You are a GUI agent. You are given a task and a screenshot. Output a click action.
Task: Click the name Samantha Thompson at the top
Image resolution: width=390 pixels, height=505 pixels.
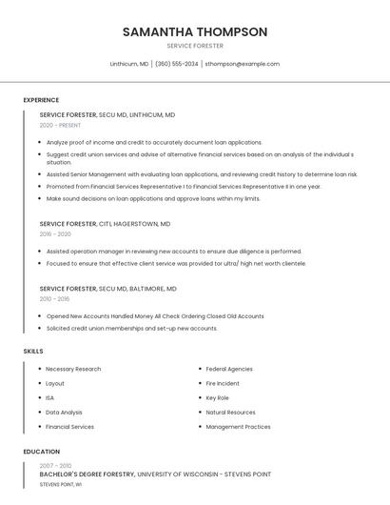[x=195, y=31]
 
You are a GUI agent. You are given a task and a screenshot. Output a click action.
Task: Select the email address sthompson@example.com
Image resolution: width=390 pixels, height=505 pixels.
[x=243, y=64]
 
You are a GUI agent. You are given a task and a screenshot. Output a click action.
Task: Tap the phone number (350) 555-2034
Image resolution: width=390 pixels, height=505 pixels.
[x=176, y=64]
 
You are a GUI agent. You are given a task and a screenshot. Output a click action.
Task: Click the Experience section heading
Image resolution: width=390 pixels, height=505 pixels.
[x=41, y=100]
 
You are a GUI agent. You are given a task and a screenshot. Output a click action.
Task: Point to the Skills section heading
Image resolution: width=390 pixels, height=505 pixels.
[x=33, y=352]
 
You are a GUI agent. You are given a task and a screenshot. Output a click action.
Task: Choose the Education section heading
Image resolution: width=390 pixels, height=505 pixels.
[x=42, y=452]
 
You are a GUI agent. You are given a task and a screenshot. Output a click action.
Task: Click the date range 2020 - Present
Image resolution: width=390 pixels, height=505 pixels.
[x=60, y=125]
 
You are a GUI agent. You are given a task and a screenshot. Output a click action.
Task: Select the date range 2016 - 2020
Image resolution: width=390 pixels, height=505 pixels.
[x=55, y=233]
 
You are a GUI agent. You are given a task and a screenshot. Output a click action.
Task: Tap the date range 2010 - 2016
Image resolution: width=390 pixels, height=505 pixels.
[x=54, y=298]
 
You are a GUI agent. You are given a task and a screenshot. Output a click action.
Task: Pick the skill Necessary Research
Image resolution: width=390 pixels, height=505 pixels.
[x=73, y=369]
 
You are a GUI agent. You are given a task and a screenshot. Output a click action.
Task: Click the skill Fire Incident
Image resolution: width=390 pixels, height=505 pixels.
[x=223, y=383]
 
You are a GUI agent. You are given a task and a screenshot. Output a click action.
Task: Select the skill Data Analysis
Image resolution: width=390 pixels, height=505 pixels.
[x=64, y=413]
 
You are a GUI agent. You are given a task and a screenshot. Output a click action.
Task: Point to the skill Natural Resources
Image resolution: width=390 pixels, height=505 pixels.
[x=230, y=413]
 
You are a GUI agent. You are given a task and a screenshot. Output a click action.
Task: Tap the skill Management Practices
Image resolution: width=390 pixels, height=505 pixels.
[x=238, y=427]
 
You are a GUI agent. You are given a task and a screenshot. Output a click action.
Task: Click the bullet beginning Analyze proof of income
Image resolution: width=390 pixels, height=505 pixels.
[x=154, y=142]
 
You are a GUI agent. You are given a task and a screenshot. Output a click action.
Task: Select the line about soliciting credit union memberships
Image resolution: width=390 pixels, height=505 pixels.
[x=131, y=329]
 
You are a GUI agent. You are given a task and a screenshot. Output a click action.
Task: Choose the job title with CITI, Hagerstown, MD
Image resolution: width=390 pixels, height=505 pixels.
[x=105, y=223]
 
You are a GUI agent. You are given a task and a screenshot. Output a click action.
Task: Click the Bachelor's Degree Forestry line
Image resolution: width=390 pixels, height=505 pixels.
[x=155, y=474]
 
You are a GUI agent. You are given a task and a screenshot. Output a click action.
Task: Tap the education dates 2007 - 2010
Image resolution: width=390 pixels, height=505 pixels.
[x=55, y=465]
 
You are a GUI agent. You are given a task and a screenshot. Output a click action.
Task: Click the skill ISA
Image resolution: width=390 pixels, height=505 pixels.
[x=50, y=397]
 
